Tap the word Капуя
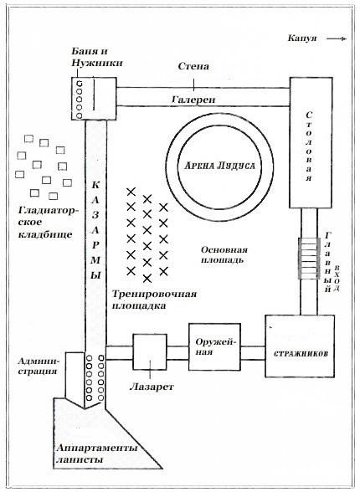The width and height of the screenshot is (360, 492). pos(301,38)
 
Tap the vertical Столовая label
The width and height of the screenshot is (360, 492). pos(309,146)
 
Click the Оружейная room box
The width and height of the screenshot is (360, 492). pos(212,346)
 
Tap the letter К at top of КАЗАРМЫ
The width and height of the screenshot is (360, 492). pos(95,184)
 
